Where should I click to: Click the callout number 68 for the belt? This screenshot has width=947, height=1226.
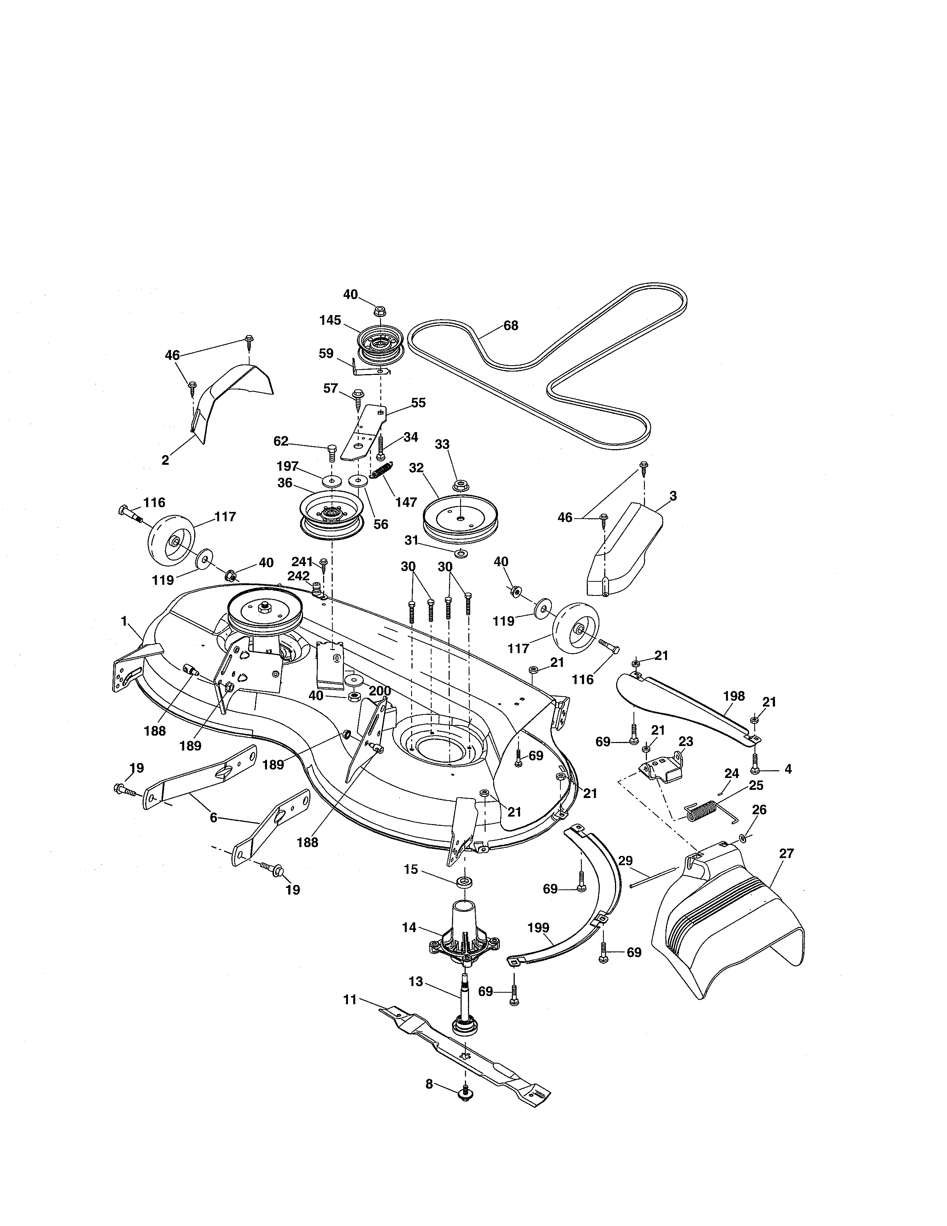511,325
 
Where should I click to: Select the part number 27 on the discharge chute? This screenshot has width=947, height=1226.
787,853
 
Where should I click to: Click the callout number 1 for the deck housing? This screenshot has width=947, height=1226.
124,621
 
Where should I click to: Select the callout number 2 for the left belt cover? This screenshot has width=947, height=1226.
165,460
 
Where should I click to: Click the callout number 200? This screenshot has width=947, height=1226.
380,691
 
